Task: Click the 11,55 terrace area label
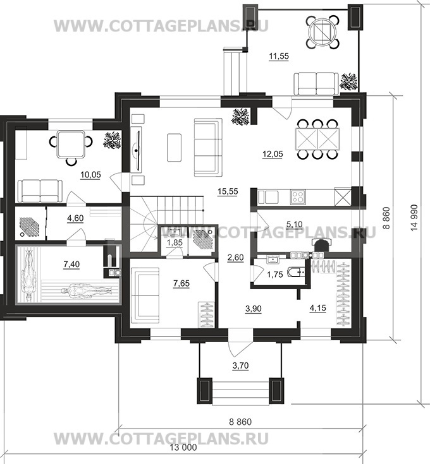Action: coord(279,56)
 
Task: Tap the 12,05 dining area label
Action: coord(273,154)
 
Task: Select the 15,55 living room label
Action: coord(228,191)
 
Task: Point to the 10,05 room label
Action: coord(90,175)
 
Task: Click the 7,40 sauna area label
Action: coord(71,264)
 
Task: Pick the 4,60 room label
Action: coord(75,218)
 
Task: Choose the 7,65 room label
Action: coord(181,283)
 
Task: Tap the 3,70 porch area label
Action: coord(240,366)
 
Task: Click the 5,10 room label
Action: coord(294,224)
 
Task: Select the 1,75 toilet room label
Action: coord(275,275)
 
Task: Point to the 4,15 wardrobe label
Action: coord(317,308)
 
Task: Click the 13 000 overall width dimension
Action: coord(183,447)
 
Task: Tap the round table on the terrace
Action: coord(322,32)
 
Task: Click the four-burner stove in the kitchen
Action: coord(298,197)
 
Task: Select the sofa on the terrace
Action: coord(316,85)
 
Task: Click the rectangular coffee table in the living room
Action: coord(175,147)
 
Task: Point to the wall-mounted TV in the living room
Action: coord(137,151)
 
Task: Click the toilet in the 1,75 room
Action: coord(297,271)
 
